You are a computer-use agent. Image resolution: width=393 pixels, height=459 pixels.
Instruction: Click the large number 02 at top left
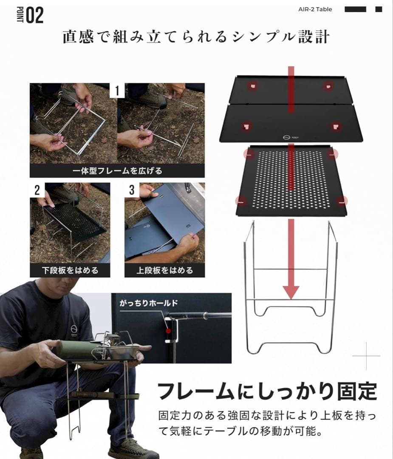pos(34,16)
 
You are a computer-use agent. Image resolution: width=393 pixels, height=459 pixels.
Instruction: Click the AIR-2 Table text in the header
pos(315,9)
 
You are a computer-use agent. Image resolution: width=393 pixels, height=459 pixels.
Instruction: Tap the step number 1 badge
pos(117,91)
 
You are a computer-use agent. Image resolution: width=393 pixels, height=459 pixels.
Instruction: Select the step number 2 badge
pos(37,190)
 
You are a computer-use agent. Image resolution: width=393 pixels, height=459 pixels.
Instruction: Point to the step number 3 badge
pos(132,190)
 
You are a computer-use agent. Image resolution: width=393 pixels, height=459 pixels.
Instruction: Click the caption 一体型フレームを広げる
pos(117,171)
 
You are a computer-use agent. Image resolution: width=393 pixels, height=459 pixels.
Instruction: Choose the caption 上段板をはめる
pos(165,270)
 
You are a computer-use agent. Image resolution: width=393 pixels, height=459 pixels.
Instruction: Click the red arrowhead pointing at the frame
pos(291,292)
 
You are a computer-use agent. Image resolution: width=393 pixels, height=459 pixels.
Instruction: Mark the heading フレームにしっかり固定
pos(267,391)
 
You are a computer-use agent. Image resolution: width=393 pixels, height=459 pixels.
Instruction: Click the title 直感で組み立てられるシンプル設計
pos(196,37)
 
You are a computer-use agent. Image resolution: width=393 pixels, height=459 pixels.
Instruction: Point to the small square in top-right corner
pos(378,9)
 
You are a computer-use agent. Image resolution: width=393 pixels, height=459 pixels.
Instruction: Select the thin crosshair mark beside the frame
pos(366,355)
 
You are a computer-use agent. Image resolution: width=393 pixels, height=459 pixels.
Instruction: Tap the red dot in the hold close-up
pos(169,330)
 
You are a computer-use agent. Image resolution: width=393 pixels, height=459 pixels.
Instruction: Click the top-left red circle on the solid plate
pos(253,86)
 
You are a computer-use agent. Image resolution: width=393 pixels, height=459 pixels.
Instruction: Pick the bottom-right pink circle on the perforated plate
pos(342,201)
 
